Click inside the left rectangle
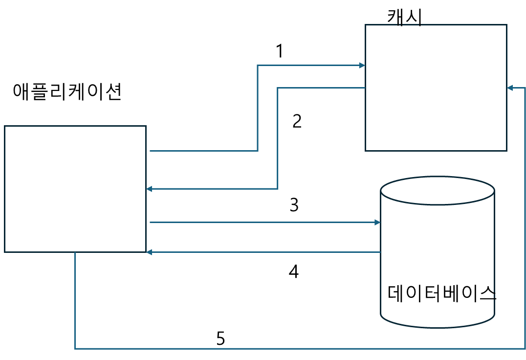tap(75, 189)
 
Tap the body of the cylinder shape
tap(438, 259)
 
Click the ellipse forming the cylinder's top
tap(438, 190)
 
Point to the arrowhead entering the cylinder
tap(377, 223)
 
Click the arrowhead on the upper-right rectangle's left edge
tap(362, 65)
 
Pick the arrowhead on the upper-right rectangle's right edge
tap(510, 88)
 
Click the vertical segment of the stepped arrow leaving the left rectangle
tap(258, 108)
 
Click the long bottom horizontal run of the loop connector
tap(293, 349)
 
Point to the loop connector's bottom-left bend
tap(75, 349)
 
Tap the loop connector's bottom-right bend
tap(525, 349)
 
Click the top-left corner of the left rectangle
tap(5, 126)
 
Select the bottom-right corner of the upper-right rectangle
tap(506, 151)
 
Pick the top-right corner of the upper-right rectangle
tap(506, 24)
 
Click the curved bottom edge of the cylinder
tap(438, 327)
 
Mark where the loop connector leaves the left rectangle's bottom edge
tap(75, 253)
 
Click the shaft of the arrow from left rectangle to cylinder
tap(264, 223)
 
